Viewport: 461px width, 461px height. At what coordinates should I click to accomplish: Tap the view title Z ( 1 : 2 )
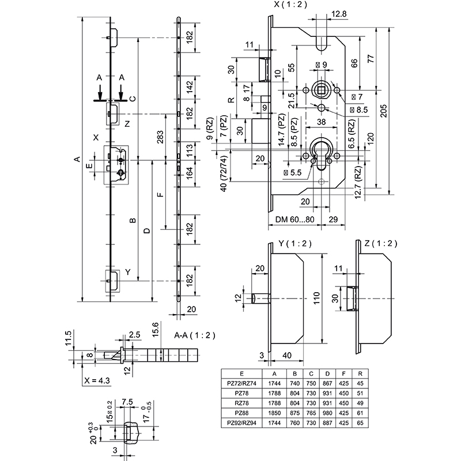381,243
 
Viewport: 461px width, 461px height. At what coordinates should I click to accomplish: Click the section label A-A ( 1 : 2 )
194,334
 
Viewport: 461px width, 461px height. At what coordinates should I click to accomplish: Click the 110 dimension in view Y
316,299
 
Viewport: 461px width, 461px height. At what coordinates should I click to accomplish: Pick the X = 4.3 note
97,381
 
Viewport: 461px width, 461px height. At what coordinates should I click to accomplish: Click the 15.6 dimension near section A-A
154,334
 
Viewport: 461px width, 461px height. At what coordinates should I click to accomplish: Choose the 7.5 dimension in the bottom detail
127,402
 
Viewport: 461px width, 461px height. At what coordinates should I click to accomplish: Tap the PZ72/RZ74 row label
241,383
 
